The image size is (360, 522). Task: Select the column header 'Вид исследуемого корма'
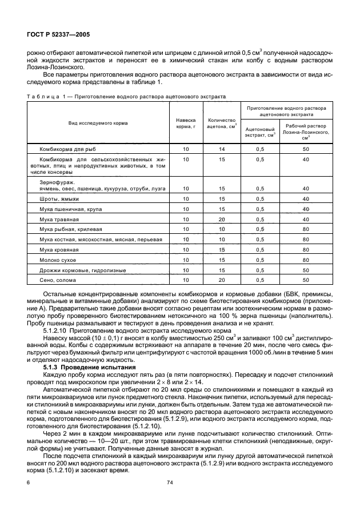[x=99, y=123]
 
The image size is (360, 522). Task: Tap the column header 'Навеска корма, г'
[x=186, y=123]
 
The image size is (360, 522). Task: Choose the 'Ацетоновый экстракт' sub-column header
[x=259, y=133]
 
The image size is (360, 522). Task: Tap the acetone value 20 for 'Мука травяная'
[x=222, y=220]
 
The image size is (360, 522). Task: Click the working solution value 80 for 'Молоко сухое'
[x=306, y=260]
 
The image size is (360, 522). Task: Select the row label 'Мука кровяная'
[x=59, y=250]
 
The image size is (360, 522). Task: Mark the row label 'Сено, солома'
[x=57, y=280]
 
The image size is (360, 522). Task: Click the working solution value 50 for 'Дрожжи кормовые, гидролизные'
[x=306, y=270]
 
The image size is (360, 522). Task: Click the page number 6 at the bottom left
[x=28, y=483]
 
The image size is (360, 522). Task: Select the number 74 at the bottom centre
[x=170, y=483]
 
